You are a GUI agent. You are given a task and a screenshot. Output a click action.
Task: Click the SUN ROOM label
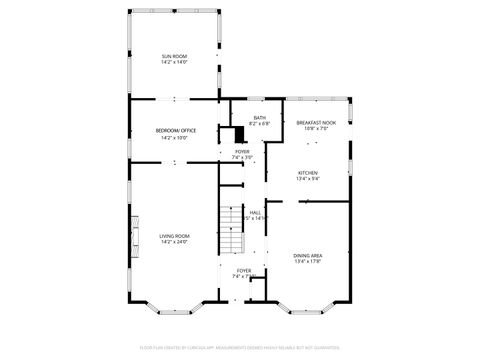click(x=175, y=56)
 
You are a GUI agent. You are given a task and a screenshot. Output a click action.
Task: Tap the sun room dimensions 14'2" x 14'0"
click(x=175, y=63)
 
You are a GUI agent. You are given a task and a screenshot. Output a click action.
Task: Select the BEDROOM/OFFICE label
click(x=175, y=131)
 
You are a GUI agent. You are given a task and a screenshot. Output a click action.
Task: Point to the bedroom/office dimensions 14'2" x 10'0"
click(x=175, y=138)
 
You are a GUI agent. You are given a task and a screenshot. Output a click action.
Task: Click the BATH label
click(x=259, y=118)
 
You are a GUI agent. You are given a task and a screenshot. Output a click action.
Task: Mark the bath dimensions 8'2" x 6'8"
click(x=259, y=124)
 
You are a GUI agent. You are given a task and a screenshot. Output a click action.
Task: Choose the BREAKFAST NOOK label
click(x=316, y=122)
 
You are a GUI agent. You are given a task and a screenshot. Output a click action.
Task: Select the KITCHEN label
click(x=308, y=173)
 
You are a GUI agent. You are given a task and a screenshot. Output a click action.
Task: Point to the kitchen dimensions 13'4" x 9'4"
click(x=308, y=180)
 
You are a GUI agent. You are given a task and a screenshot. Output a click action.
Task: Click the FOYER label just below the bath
click(x=242, y=151)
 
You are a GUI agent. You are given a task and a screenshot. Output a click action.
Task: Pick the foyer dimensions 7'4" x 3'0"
click(x=242, y=157)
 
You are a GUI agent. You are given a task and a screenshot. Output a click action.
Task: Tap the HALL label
click(x=255, y=211)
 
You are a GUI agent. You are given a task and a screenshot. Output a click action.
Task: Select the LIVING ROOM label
click(x=174, y=236)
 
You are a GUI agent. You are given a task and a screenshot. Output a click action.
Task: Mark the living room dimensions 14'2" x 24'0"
click(x=174, y=242)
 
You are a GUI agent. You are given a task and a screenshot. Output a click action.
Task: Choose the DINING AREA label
click(x=308, y=256)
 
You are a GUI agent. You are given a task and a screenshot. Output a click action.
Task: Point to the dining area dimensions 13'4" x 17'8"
click(x=308, y=263)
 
